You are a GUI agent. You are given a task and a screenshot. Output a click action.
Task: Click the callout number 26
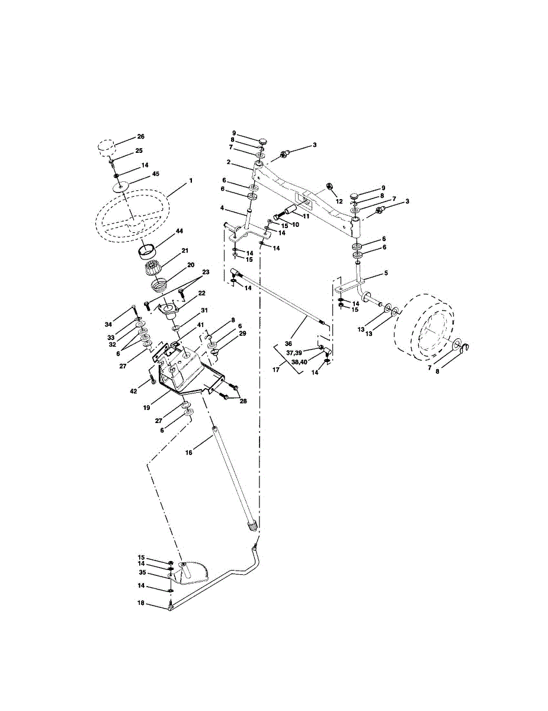click(x=140, y=136)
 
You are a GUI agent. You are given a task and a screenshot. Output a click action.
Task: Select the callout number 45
click(x=156, y=174)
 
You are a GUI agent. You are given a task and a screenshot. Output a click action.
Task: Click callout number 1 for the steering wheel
click(x=191, y=181)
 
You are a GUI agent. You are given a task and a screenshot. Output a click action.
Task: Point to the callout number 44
click(x=180, y=231)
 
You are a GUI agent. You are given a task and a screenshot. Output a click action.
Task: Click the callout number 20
click(x=190, y=264)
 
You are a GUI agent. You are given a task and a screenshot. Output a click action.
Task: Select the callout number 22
click(x=201, y=293)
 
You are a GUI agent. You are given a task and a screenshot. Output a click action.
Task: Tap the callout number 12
click(x=339, y=201)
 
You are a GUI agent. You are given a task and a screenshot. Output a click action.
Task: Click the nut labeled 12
click(x=330, y=186)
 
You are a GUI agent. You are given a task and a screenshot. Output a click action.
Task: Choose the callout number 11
click(x=306, y=216)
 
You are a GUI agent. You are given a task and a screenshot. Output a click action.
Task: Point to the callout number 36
click(x=288, y=344)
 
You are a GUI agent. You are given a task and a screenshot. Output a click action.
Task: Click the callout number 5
click(x=386, y=273)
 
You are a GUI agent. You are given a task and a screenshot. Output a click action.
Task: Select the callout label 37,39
click(x=294, y=353)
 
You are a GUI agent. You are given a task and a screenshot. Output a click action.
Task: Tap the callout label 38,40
click(x=299, y=362)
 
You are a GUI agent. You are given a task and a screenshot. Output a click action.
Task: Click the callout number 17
click(x=276, y=369)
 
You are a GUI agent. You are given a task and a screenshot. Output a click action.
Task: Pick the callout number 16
click(x=189, y=453)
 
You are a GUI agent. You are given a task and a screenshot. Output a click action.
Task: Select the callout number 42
click(x=134, y=390)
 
